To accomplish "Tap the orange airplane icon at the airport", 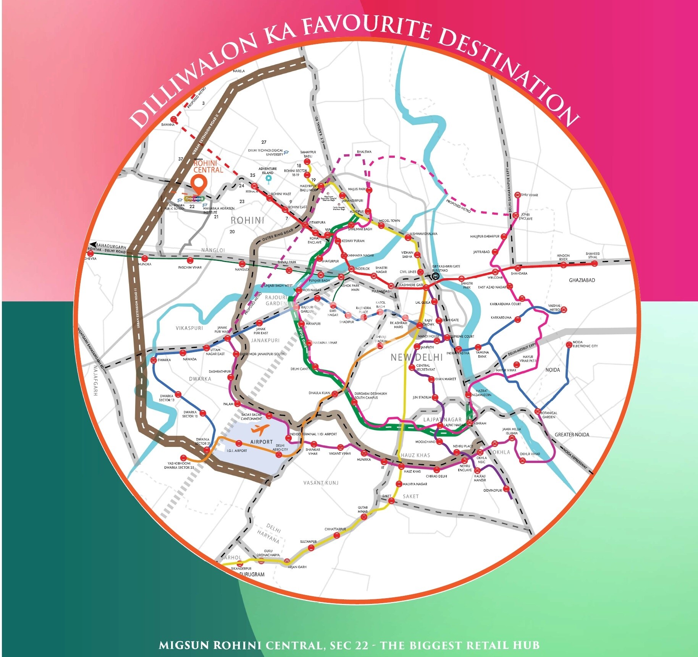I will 260,429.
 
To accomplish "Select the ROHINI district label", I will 247,220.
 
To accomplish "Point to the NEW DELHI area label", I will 417,358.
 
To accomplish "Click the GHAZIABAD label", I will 582,280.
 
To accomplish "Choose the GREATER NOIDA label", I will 572,435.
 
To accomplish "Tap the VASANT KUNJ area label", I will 321,483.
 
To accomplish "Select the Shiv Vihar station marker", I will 518,195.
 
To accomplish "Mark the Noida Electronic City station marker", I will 569,345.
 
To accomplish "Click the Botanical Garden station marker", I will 538,411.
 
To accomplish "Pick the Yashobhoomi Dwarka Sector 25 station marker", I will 184,458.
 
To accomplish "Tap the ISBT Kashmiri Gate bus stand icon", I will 435,276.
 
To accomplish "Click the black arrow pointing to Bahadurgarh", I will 92,244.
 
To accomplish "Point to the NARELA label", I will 239,71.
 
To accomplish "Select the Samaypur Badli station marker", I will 307,162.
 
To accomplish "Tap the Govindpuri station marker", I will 506,489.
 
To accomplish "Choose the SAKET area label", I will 410,496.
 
